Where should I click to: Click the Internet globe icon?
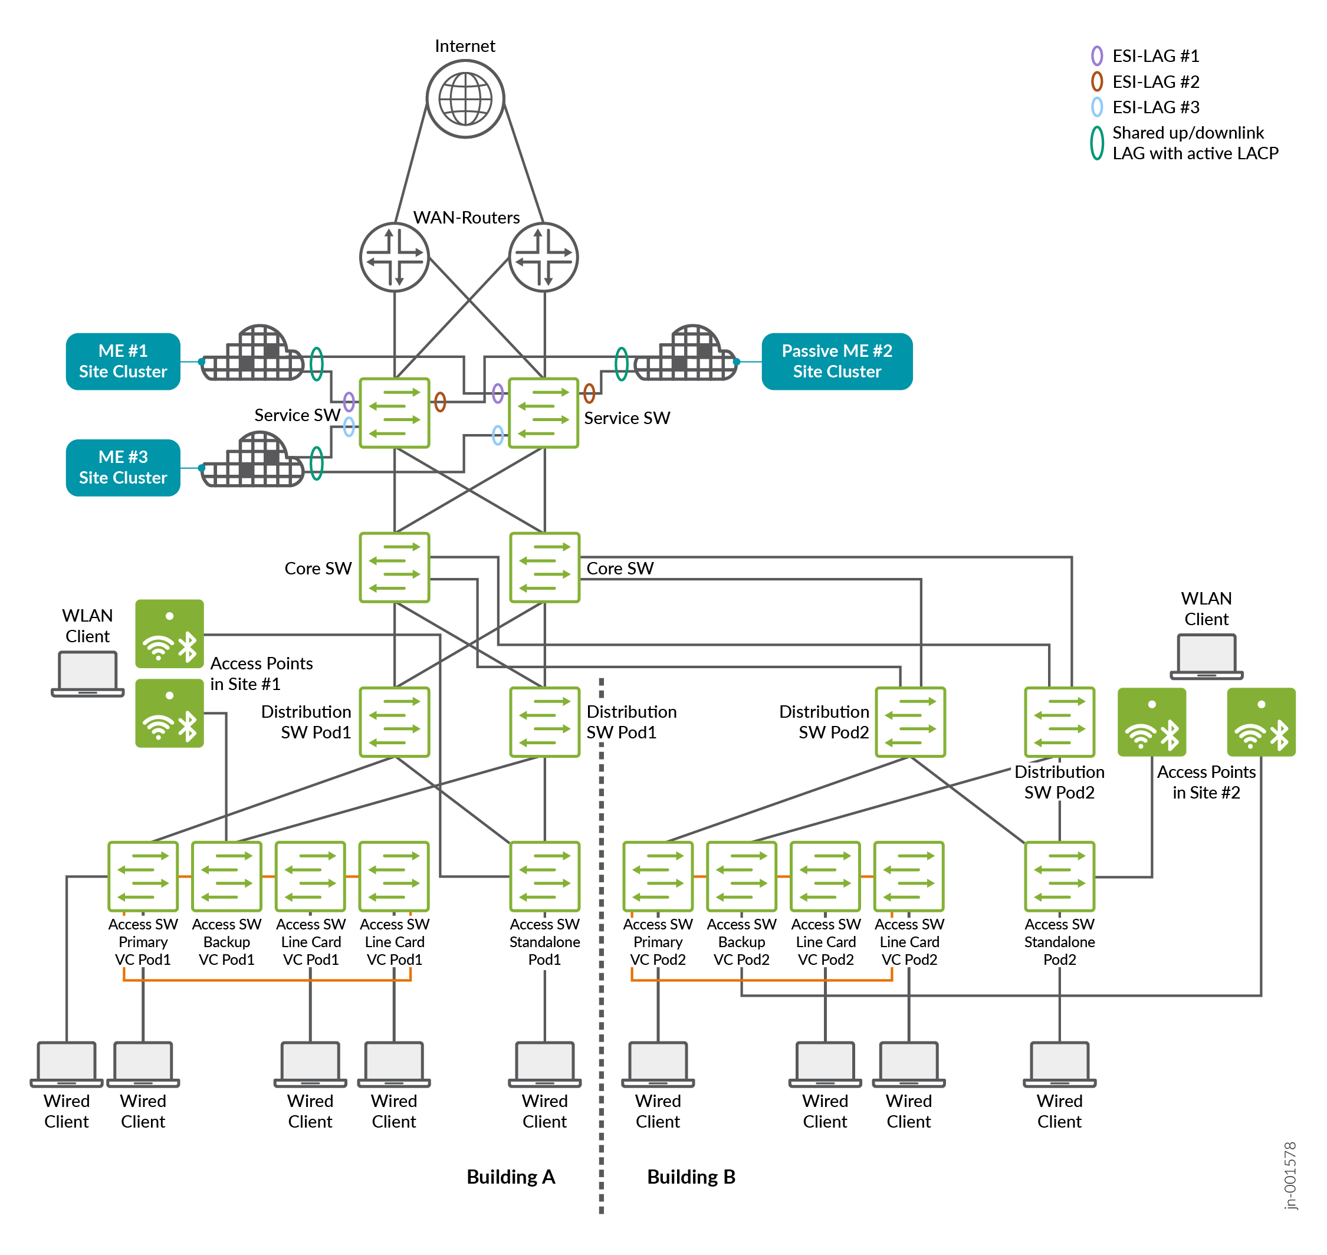pos(465,99)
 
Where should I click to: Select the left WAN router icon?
pos(394,257)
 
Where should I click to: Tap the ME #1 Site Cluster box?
pos(123,362)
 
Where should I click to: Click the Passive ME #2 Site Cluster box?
pos(836,362)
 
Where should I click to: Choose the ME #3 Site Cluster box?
pos(123,468)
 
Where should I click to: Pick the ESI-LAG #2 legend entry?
pos(1145,81)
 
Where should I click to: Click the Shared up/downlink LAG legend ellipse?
pos(1096,143)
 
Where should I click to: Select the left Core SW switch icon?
pos(394,567)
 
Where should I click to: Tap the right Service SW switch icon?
pos(543,413)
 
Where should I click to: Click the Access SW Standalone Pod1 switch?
pos(544,876)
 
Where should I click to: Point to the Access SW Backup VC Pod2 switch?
pos(741,876)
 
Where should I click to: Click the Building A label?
pos(510,1177)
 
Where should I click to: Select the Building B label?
pos(691,1177)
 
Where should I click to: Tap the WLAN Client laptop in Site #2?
pos(1206,656)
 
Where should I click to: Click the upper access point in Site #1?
pos(169,633)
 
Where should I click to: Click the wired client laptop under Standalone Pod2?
pos(1059,1064)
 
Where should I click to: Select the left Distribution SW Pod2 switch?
pos(909,722)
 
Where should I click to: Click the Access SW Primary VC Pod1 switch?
pos(143,876)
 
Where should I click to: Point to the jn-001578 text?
pos(1290,1175)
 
